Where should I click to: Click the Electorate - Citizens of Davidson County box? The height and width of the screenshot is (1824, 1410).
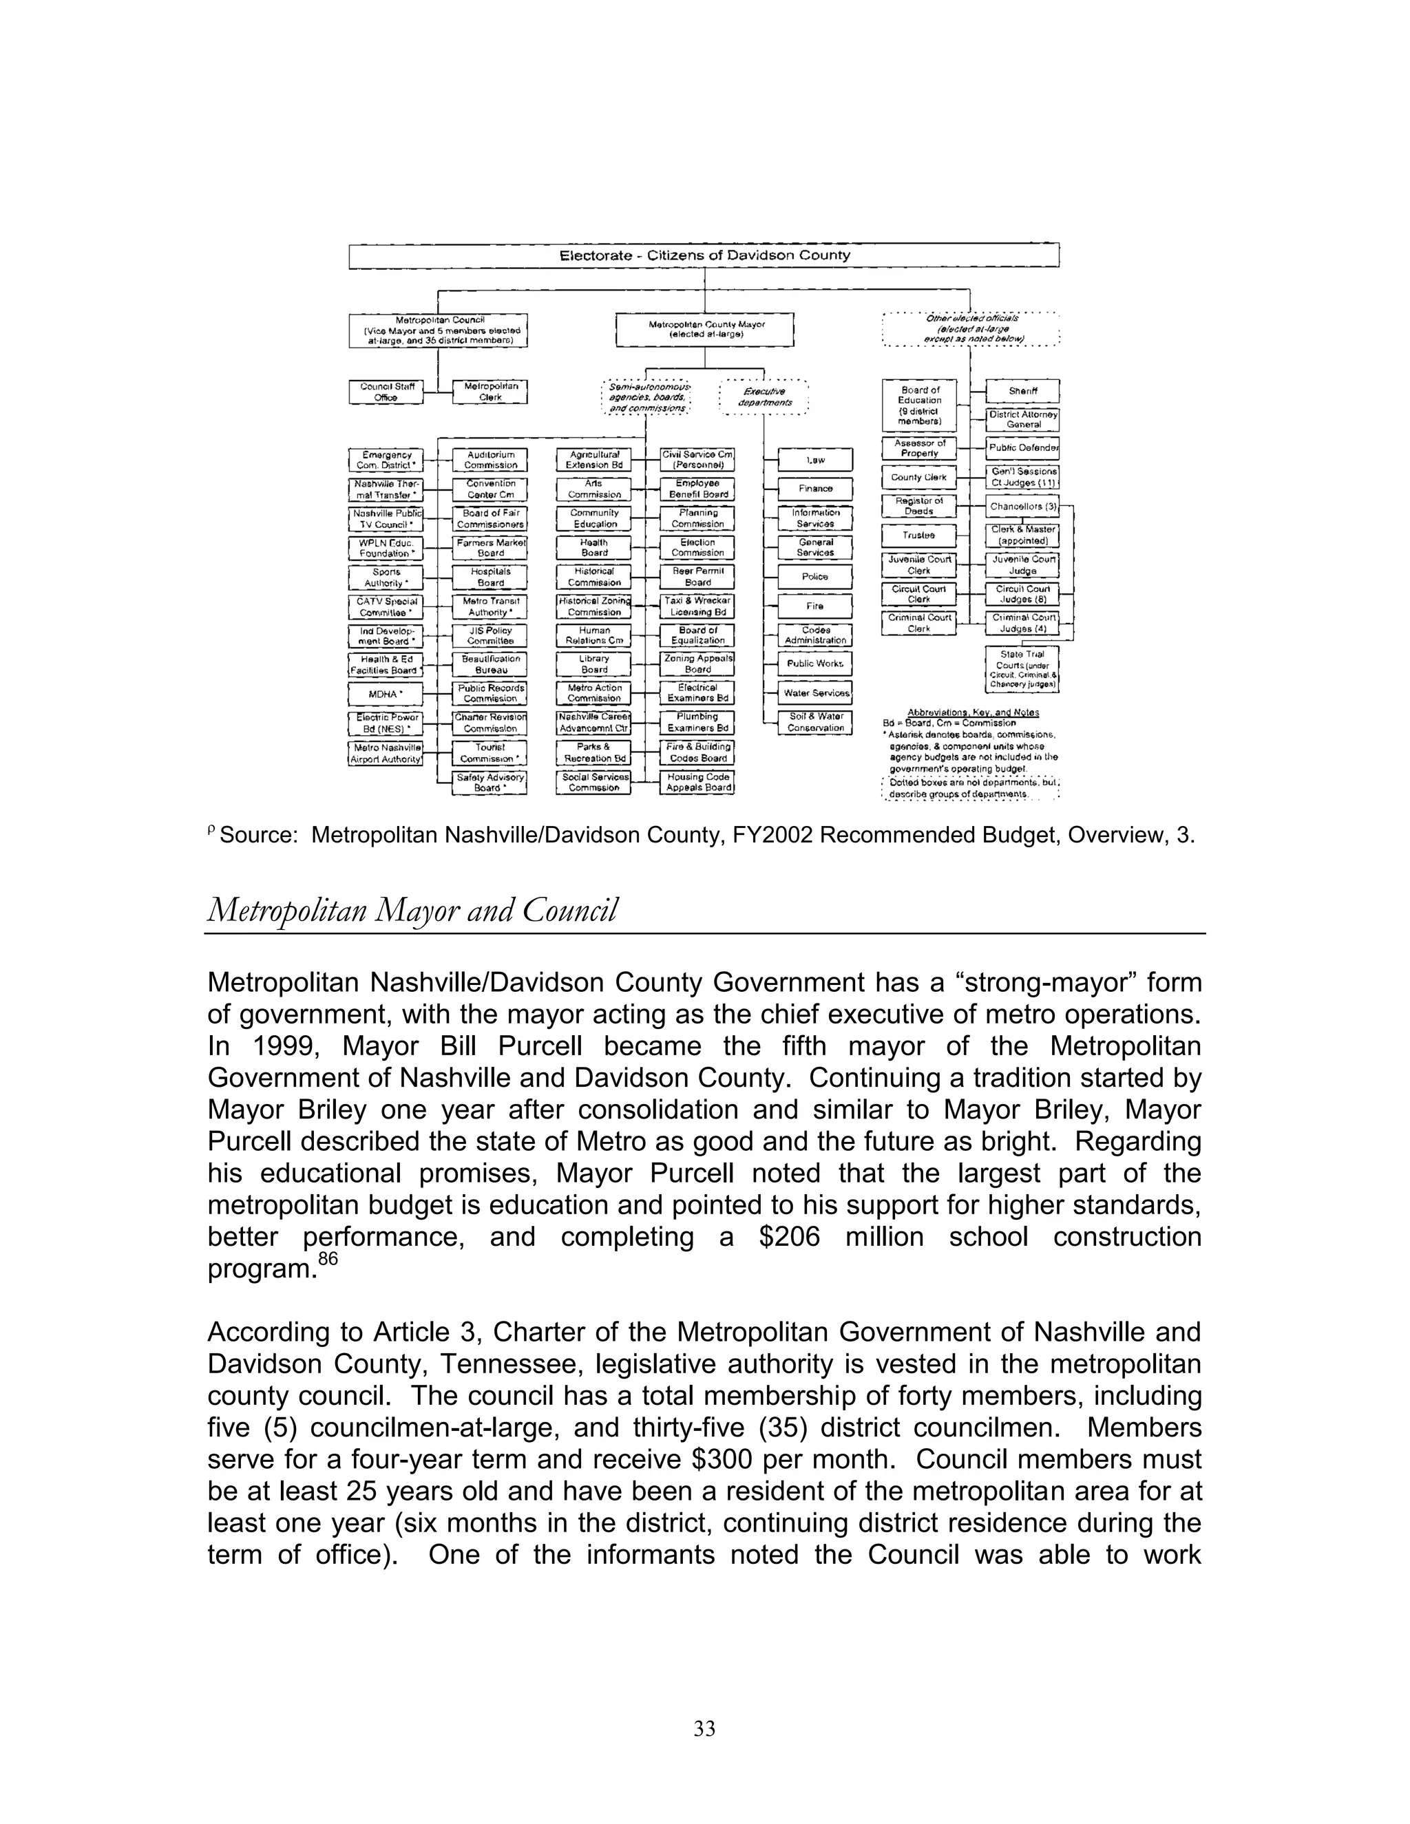coord(704,255)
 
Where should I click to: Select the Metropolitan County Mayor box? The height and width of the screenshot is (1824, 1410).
coord(704,329)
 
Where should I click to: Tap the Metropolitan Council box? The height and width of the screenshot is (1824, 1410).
coord(439,330)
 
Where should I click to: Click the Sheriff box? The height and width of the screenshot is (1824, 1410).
coord(1022,391)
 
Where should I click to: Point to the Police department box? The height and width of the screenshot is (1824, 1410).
coord(814,577)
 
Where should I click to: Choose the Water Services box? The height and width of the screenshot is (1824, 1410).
coord(815,693)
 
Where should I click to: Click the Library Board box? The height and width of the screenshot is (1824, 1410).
coord(594,664)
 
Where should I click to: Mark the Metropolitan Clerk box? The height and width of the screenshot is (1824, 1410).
coord(490,392)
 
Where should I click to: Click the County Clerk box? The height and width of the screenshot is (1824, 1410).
coord(919,478)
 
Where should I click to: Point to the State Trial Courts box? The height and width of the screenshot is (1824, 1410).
coord(1022,669)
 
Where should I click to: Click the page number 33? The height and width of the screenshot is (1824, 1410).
coord(704,1729)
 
